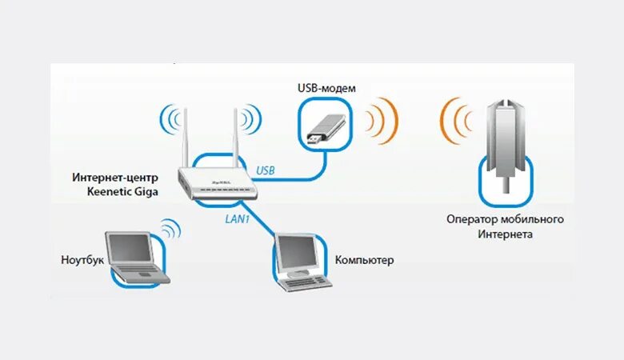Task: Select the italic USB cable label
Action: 265,170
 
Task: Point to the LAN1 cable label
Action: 234,216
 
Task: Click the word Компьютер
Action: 365,261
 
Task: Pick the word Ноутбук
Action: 82,260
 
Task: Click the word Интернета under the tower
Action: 506,234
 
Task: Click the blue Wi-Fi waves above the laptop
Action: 169,230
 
